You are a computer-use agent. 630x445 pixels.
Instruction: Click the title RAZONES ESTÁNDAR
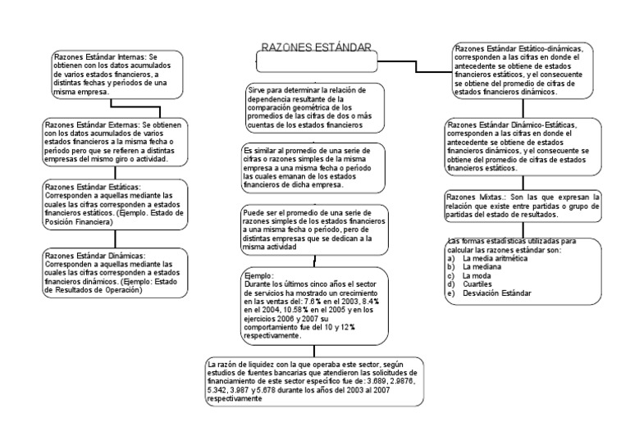tap(316, 47)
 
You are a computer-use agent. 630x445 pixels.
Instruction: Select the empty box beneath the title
tap(317, 63)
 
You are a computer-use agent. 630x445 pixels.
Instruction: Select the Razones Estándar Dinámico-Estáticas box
tap(522, 147)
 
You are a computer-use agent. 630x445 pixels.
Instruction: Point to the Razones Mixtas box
tap(522, 206)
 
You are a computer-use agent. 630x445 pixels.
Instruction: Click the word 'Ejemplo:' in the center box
tap(258, 276)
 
